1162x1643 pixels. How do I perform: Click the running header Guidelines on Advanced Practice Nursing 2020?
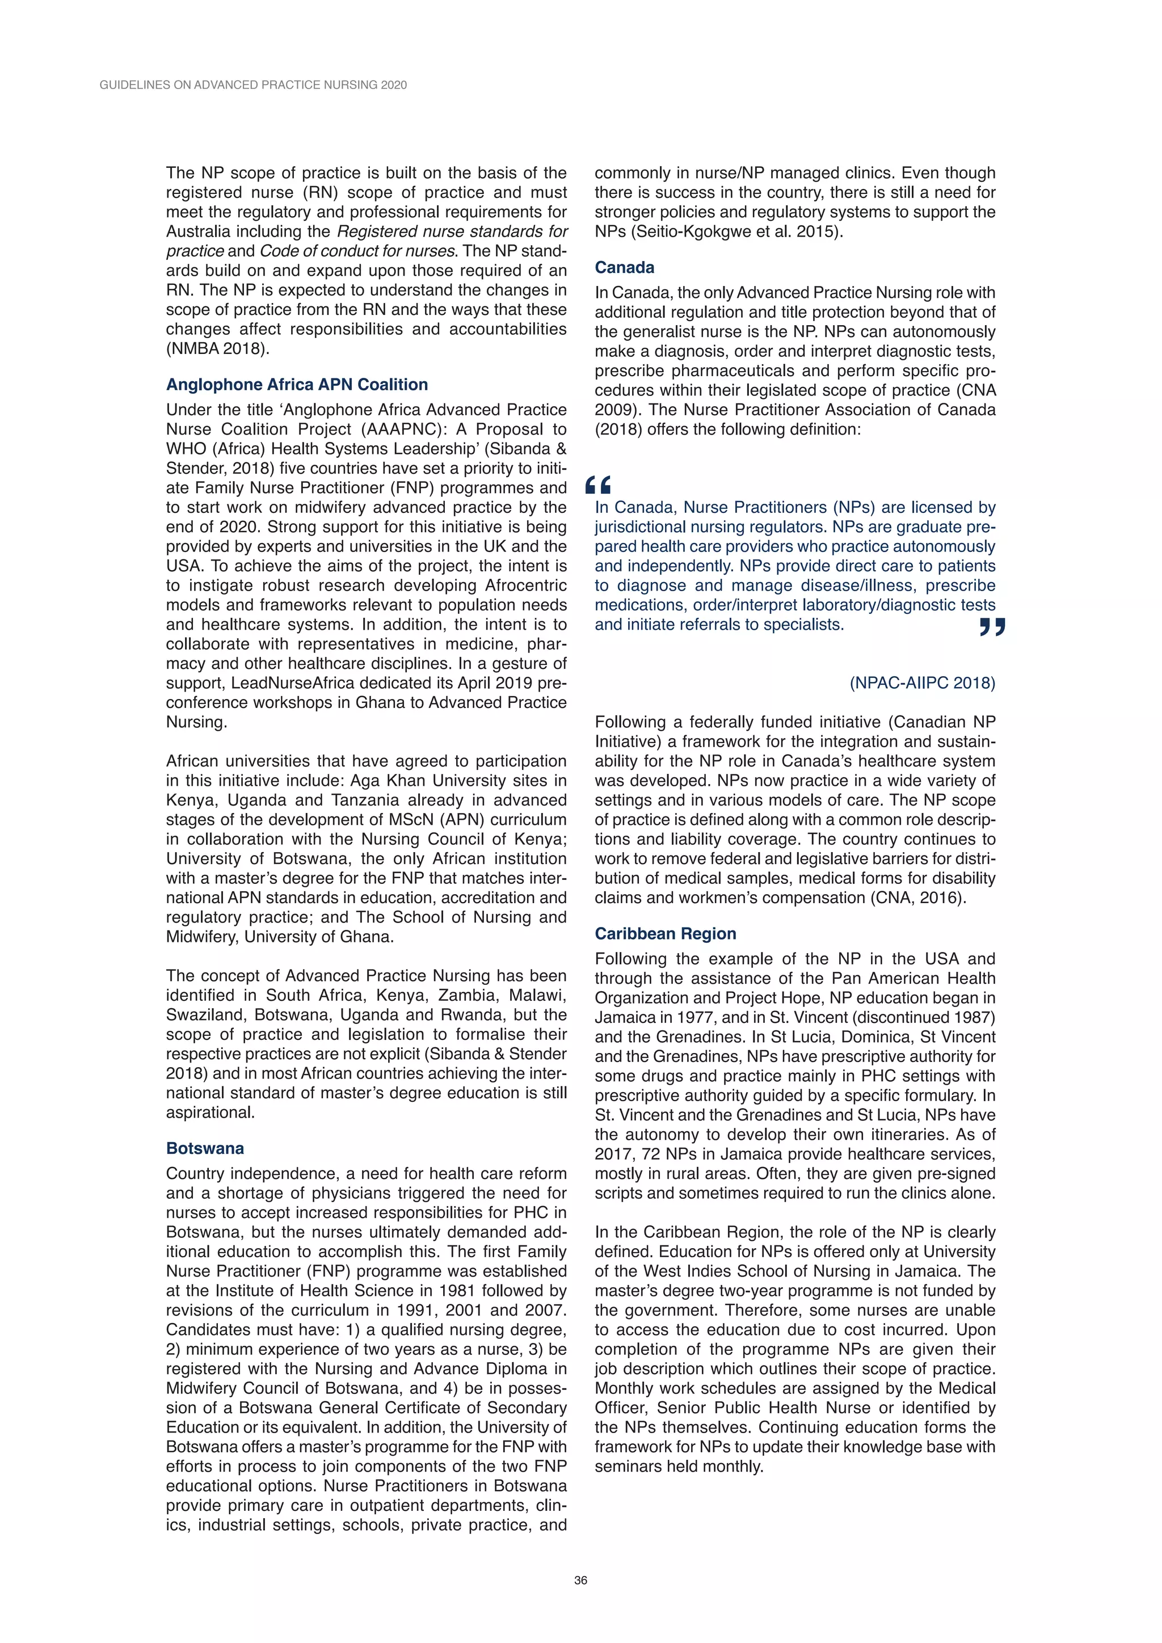tap(253, 85)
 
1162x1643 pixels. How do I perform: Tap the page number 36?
tap(580, 1580)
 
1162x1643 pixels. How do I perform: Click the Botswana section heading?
tap(205, 1148)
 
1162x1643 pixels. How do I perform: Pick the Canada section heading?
tap(624, 268)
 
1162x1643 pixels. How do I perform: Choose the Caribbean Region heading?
tap(665, 933)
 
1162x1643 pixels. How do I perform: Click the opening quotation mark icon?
tap(598, 486)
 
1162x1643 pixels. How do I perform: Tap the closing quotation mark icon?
tap(992, 627)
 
